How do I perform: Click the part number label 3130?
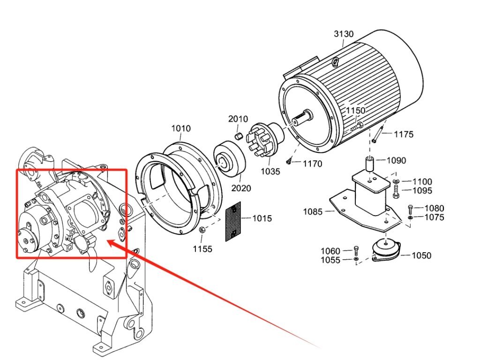[x=344, y=34]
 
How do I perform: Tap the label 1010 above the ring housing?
[x=181, y=128]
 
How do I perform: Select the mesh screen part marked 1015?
[x=233, y=221]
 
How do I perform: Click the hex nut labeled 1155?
[x=202, y=230]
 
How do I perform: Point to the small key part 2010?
[x=239, y=135]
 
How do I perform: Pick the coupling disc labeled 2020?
[x=229, y=158]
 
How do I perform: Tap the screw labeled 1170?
[x=288, y=161]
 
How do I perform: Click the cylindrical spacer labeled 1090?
[x=370, y=164]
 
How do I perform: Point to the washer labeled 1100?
[x=396, y=181]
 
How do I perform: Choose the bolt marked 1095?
[x=395, y=191]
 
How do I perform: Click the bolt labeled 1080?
[x=410, y=210]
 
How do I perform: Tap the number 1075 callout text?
[x=435, y=217]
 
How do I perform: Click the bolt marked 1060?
[x=356, y=251]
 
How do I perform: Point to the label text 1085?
[x=313, y=211]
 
